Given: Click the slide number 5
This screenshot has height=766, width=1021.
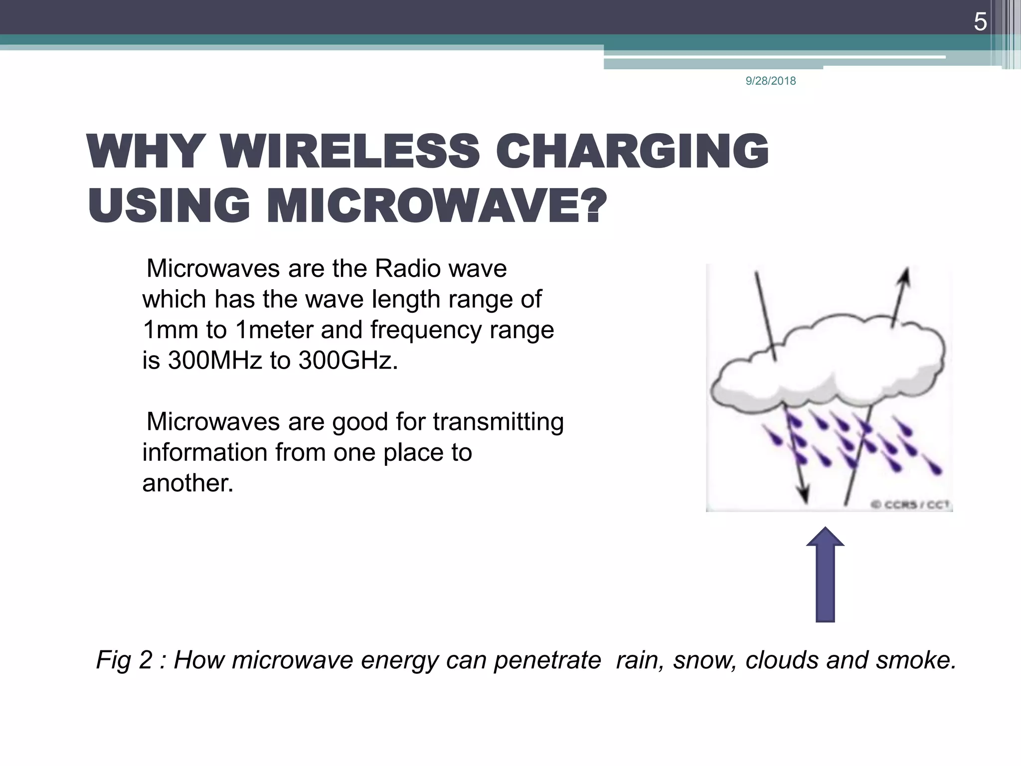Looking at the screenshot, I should (980, 22).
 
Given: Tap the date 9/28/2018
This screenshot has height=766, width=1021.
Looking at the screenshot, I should (770, 81).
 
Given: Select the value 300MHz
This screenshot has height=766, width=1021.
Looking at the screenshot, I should (215, 361).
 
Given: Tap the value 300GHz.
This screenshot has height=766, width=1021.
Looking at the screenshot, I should (348, 361).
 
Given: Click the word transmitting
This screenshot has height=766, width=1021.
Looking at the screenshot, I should (498, 422).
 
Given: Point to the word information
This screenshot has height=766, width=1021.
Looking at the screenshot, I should (204, 452).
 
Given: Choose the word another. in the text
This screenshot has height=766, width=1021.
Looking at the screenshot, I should (188, 483).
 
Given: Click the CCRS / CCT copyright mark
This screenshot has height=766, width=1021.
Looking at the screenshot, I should (911, 505).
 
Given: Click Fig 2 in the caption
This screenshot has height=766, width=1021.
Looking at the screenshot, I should (124, 660).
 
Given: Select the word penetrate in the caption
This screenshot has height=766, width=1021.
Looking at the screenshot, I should (547, 660).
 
